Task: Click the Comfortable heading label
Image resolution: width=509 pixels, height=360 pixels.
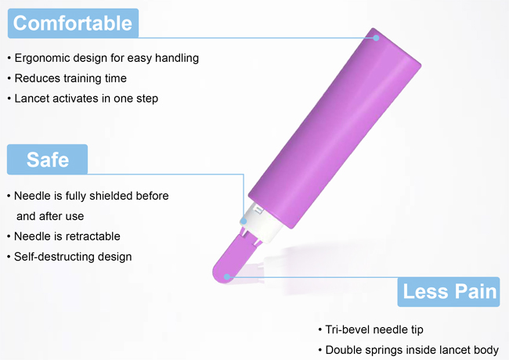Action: coord(73,23)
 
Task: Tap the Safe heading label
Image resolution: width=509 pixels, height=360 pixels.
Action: coord(47,160)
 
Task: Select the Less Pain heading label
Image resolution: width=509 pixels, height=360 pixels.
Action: coord(449,292)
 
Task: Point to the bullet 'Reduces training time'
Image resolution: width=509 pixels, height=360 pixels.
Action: coord(70,78)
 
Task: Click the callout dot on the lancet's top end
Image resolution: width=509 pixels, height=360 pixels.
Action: coord(377,37)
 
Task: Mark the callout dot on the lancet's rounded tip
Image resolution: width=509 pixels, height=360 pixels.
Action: coord(227,275)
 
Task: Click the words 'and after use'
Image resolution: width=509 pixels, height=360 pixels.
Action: coord(50,216)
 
